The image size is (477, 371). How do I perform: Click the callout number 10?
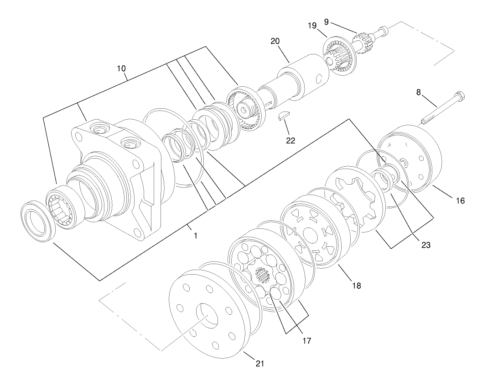click(121, 69)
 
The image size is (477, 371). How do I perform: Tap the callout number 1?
click(196, 236)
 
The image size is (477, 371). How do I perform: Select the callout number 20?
click(275, 41)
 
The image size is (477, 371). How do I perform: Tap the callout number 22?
click(290, 140)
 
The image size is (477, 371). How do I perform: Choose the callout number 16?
click(459, 200)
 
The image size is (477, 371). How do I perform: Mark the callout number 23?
click(425, 245)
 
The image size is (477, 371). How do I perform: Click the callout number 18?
click(356, 286)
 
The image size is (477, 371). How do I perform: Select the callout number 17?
click(306, 340)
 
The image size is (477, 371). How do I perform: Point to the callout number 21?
click(259, 364)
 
